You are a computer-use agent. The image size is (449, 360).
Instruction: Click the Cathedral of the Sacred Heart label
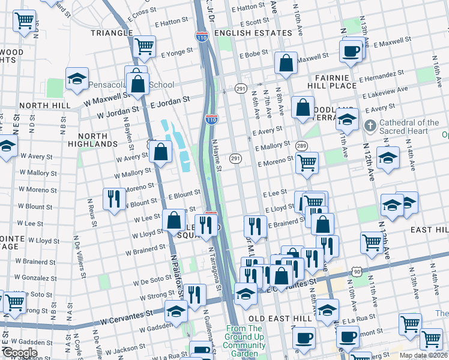point(411,127)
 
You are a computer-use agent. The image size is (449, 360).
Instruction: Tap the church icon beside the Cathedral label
point(371,127)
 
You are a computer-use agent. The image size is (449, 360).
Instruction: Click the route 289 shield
point(301,146)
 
